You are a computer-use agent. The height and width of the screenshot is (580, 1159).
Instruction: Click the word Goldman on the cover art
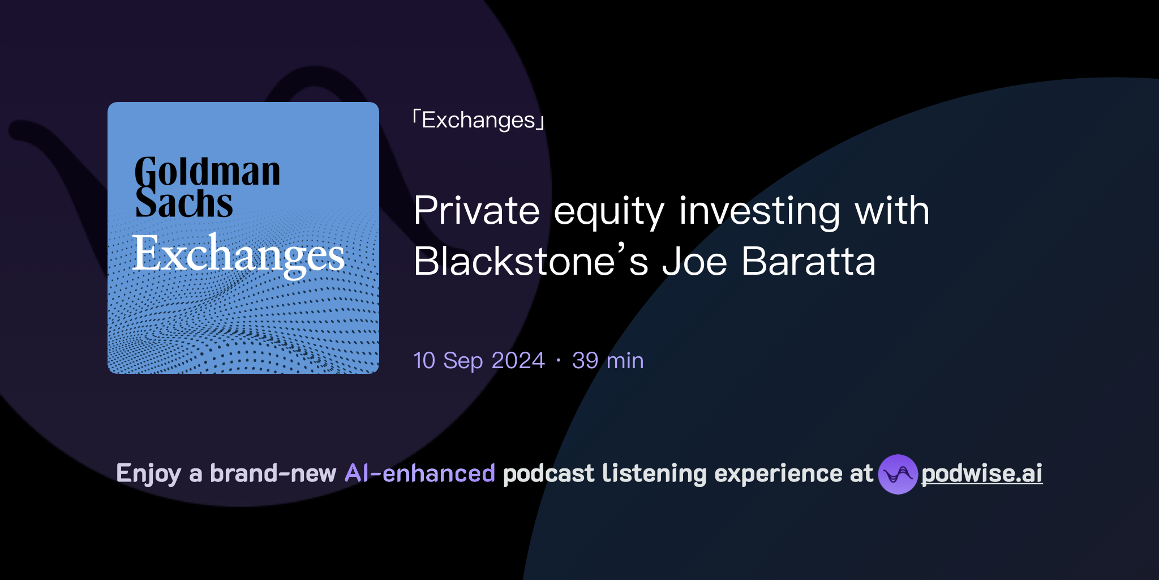[207, 172]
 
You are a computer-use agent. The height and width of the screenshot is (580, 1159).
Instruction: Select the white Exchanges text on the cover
[238, 254]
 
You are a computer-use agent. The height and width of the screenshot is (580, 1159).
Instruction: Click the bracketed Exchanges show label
[478, 120]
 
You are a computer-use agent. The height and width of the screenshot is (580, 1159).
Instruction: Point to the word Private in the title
[477, 211]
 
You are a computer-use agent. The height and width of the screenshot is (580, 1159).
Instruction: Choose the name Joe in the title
[694, 262]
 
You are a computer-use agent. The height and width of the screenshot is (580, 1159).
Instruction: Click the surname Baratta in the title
[808, 262]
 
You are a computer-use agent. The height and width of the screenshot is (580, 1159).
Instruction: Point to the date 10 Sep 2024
[479, 361]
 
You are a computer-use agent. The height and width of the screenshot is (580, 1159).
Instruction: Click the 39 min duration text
[608, 361]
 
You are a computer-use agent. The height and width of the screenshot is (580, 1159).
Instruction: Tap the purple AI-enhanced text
[420, 474]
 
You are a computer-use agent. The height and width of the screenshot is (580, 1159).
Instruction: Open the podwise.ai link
[981, 474]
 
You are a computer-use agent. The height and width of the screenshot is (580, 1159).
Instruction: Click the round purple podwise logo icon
[898, 474]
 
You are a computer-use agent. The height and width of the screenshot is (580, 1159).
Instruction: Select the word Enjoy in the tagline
[148, 474]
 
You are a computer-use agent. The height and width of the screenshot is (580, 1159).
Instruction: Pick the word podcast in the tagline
[548, 474]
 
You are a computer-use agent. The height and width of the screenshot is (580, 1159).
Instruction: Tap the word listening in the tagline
[654, 474]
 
